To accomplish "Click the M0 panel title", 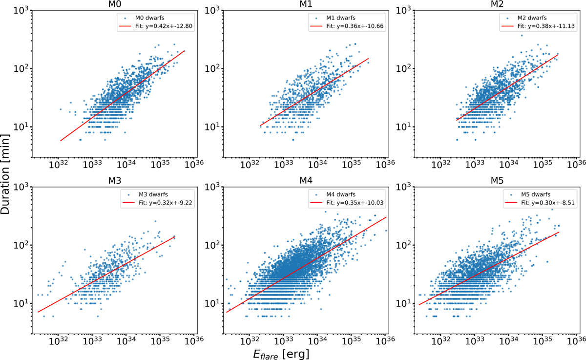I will pos(116,4).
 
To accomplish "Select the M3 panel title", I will pos(116,181).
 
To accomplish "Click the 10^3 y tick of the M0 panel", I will pos(20,10).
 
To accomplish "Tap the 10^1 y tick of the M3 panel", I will pos(20,304).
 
